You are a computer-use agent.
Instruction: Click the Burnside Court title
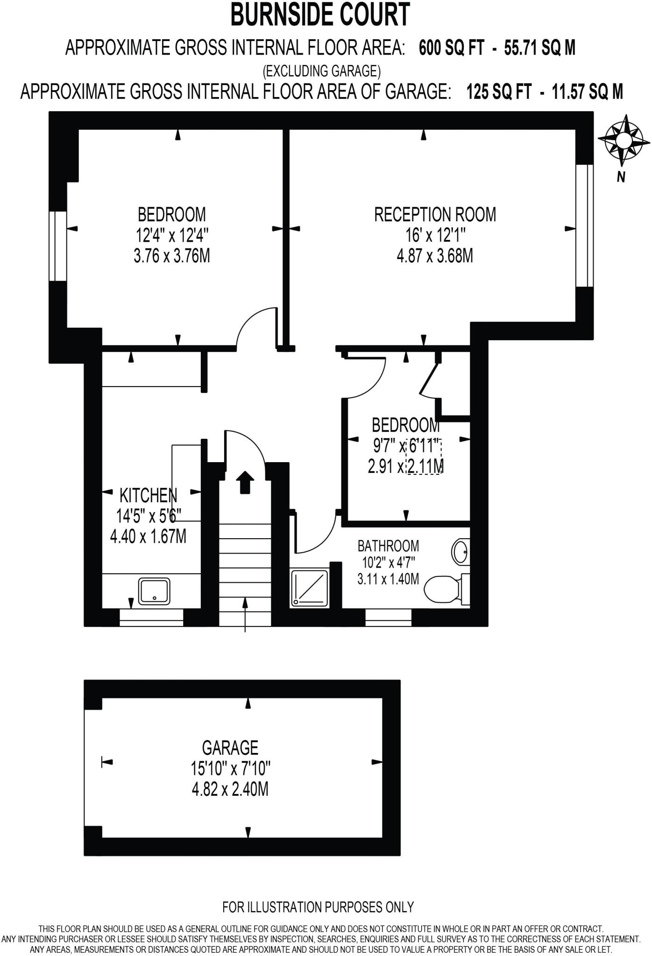click(320, 15)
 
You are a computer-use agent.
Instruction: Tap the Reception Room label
click(435, 215)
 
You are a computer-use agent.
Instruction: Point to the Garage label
click(230, 748)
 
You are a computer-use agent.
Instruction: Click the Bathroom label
click(388, 546)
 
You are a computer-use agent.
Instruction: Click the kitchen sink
click(154, 591)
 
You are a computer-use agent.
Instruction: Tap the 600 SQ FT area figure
click(451, 48)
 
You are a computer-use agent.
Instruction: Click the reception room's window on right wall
click(584, 225)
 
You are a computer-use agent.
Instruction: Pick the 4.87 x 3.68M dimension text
click(435, 256)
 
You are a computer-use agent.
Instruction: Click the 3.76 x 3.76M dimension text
click(171, 256)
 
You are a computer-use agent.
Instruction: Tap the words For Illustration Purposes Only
click(318, 907)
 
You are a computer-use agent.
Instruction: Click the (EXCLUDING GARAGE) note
click(321, 71)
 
